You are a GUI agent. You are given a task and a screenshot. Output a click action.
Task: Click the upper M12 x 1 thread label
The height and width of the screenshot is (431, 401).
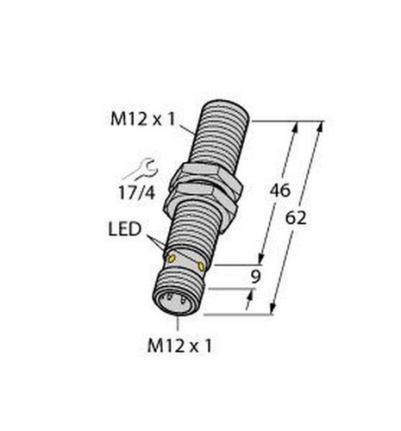(142, 119)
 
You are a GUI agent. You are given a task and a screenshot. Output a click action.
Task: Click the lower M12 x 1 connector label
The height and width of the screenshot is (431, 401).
(179, 346)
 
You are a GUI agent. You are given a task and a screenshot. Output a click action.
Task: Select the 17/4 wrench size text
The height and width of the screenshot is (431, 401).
(137, 192)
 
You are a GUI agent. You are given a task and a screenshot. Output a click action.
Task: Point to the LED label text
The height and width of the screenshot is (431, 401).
(125, 229)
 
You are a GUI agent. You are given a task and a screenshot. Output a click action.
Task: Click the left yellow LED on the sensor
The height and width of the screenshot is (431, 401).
(172, 259)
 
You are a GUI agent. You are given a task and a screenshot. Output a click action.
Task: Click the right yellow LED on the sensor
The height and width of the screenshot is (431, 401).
(202, 266)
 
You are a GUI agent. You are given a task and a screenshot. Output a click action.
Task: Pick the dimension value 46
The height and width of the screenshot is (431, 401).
(280, 191)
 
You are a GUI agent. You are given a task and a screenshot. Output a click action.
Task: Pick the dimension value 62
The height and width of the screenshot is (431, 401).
(296, 218)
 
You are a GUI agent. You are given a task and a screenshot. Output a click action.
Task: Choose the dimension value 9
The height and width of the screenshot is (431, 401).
(255, 277)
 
